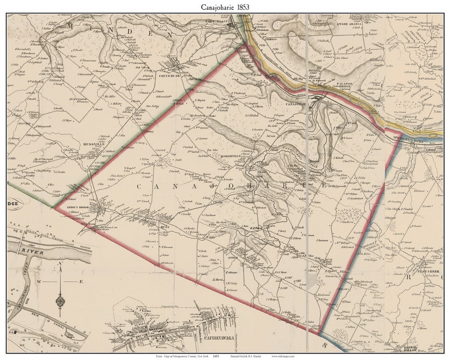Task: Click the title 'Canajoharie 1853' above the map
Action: click(225, 7)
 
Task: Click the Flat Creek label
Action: click(426, 272)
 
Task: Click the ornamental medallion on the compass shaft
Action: click(60, 302)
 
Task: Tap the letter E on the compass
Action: click(81, 281)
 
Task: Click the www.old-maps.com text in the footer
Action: click(283, 356)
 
